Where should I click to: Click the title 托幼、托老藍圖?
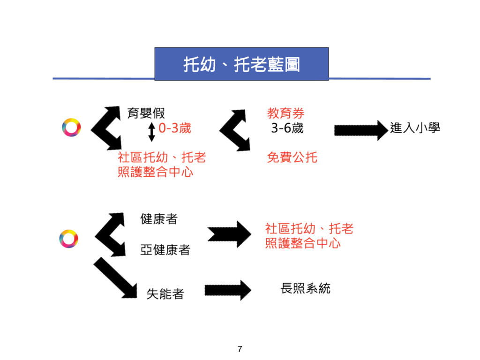(241, 65)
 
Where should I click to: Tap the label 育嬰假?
(146, 113)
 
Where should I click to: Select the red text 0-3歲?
(175, 128)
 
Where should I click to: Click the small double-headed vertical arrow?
(151, 132)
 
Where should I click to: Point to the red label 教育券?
(285, 113)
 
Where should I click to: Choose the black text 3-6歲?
(287, 128)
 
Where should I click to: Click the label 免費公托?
(292, 157)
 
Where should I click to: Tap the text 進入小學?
(415, 128)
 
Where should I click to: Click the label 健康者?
(159, 219)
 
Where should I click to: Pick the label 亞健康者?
(165, 250)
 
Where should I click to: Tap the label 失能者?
(165, 294)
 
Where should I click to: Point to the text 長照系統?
(305, 288)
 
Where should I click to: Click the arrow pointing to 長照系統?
(228, 290)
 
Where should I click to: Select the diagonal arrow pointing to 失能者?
(114, 277)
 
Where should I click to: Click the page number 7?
(240, 349)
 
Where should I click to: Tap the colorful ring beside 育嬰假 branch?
(71, 127)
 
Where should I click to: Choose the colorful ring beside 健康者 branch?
(68, 239)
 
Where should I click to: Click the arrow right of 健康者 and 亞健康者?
(229, 233)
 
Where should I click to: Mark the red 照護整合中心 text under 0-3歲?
(156, 172)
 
